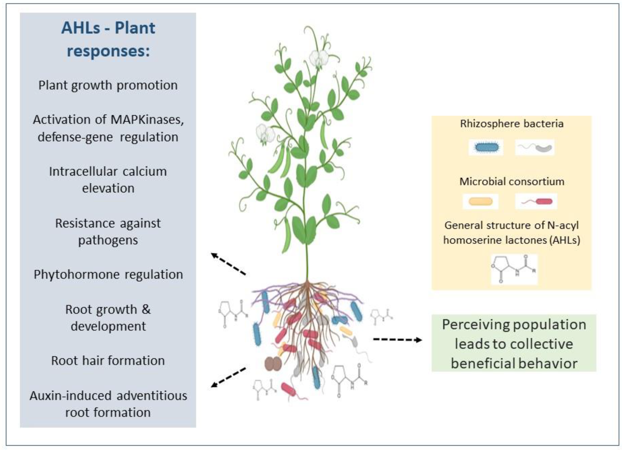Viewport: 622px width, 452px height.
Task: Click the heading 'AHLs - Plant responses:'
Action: tap(108, 39)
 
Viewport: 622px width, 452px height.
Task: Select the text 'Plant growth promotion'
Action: tap(108, 85)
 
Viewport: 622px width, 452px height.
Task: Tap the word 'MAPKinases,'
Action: tap(147, 120)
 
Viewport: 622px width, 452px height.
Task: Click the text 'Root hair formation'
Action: tap(108, 361)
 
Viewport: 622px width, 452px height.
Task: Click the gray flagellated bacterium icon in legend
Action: tap(535, 148)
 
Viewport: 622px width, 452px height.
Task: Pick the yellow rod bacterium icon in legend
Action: tap(480, 202)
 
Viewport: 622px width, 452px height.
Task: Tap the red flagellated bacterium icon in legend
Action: tap(536, 202)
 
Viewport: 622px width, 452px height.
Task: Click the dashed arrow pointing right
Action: tap(397, 340)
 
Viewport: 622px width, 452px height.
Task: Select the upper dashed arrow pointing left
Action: tap(228, 264)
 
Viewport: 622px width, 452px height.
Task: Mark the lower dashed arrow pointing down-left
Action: tap(228, 378)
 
